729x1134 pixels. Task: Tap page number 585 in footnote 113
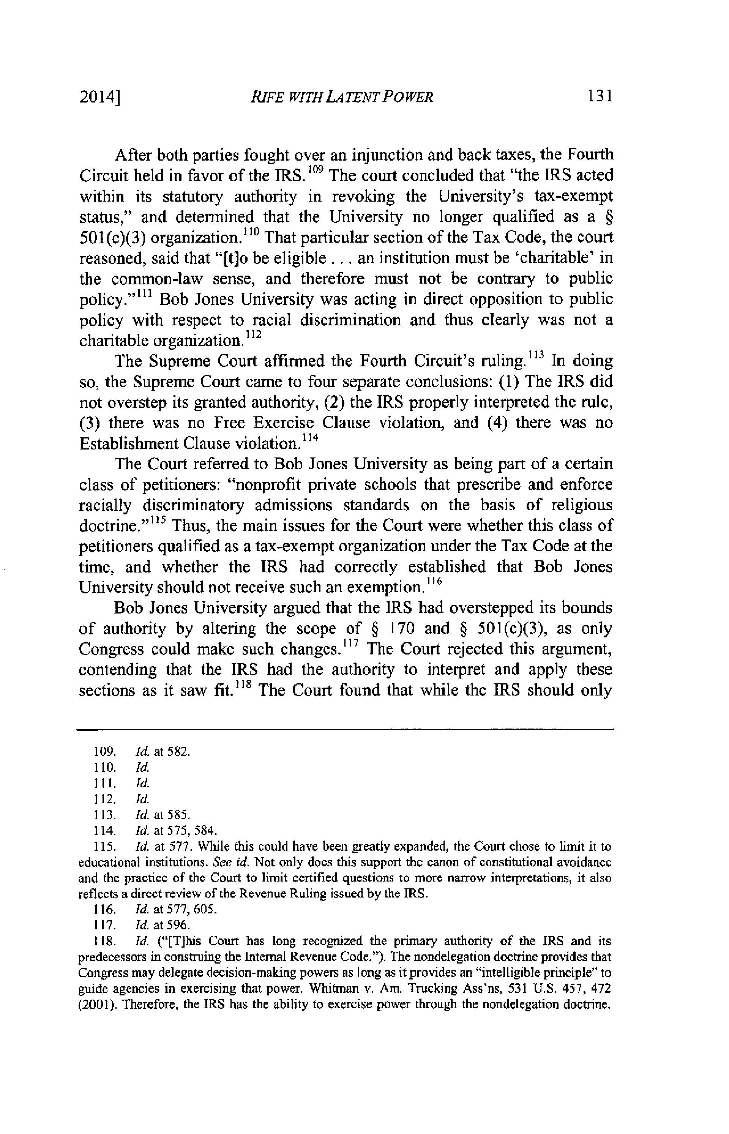[x=182, y=815]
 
